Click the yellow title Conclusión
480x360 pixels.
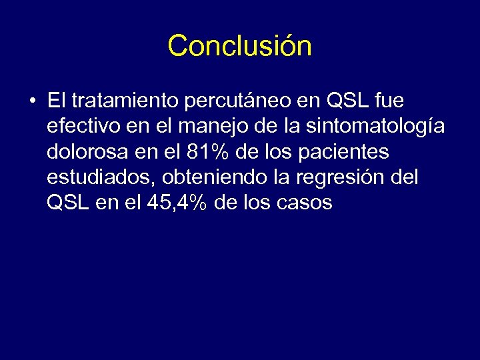(239, 46)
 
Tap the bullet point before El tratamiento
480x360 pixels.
(32, 101)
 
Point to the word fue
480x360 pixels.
(389, 101)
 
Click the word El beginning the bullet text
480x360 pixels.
(55, 101)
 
